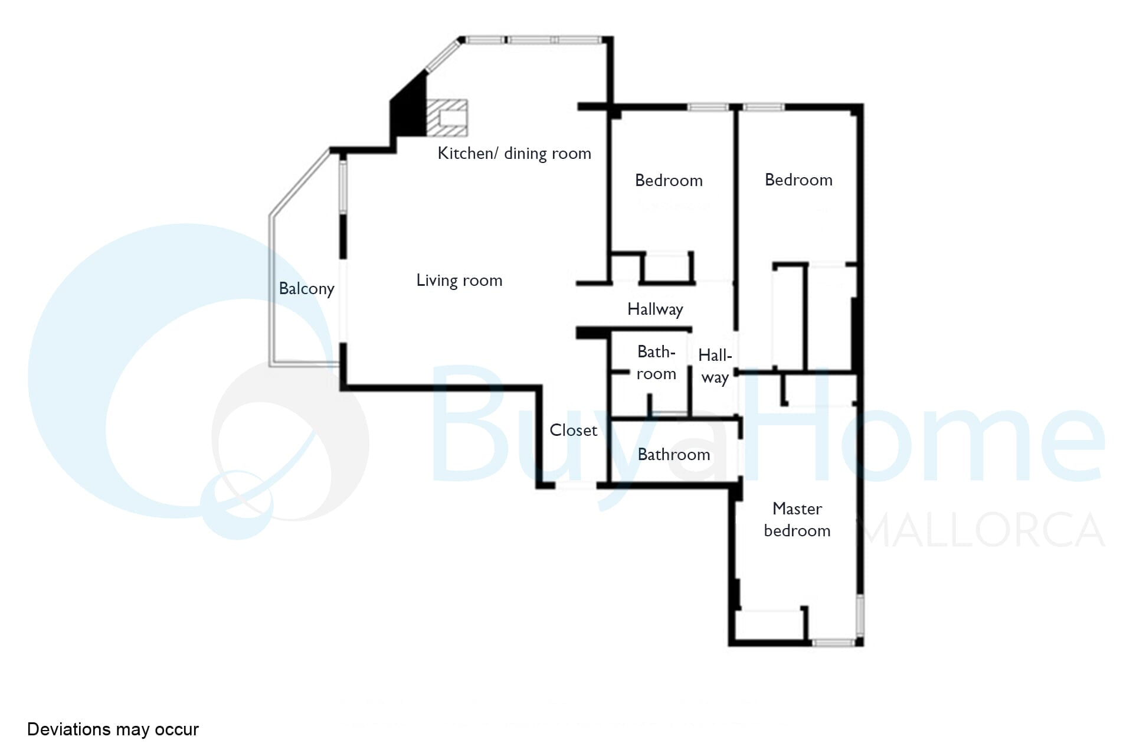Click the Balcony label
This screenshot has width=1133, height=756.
pyautogui.click(x=306, y=288)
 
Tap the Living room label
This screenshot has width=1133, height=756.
pyautogui.click(x=459, y=280)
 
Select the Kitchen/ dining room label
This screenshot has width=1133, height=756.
pyautogui.click(x=514, y=153)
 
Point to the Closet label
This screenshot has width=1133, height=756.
pyautogui.click(x=573, y=430)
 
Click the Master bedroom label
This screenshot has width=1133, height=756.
pyautogui.click(x=797, y=520)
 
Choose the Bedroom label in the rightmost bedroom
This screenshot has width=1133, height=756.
pyautogui.click(x=798, y=180)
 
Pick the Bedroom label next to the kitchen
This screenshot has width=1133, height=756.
pyautogui.click(x=669, y=180)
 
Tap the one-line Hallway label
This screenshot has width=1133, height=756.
pyautogui.click(x=655, y=309)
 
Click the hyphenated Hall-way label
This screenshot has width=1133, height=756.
pyautogui.click(x=715, y=366)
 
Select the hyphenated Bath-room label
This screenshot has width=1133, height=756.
pyautogui.click(x=656, y=363)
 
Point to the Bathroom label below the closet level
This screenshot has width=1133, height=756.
pyautogui.click(x=674, y=454)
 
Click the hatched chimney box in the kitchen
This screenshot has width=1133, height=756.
pyautogui.click(x=447, y=118)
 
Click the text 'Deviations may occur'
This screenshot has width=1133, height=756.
pyautogui.click(x=113, y=729)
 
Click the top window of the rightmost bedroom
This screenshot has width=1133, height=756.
pyautogui.click(x=763, y=107)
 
